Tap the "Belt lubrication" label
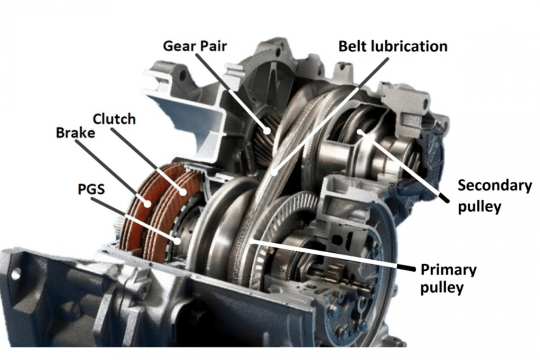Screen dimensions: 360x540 (392, 46)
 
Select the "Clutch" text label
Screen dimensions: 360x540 (114, 118)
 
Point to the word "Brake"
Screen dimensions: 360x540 (75, 133)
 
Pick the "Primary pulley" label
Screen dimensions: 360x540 (448, 279)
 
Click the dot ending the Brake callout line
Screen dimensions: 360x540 (148, 204)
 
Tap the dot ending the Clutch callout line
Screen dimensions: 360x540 (183, 192)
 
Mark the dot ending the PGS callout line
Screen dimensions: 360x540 (177, 240)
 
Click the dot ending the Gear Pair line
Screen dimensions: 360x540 (268, 131)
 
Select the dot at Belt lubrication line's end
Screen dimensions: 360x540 (274, 173)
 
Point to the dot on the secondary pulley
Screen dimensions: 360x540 (361, 132)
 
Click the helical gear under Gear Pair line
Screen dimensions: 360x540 (263, 142)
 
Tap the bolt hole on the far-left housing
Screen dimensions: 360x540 (16, 273)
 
